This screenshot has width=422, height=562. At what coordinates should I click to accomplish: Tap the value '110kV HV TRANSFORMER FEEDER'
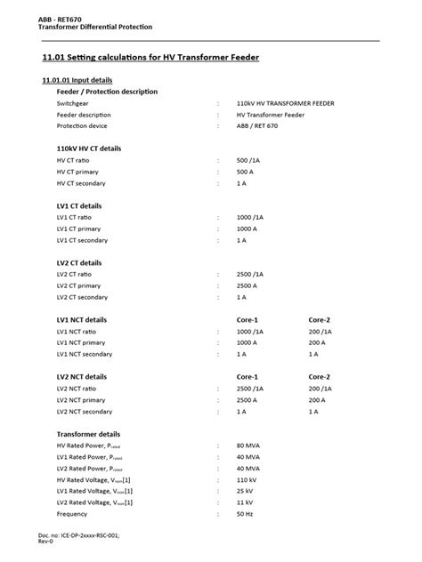tap(285, 103)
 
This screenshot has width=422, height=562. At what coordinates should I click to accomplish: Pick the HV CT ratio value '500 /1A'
tap(250, 160)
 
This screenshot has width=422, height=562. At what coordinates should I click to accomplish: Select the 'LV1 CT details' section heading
tap(78, 205)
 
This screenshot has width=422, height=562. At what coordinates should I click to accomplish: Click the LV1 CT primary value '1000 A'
tap(250, 229)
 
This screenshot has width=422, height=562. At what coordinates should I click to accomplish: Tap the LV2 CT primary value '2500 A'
tap(250, 285)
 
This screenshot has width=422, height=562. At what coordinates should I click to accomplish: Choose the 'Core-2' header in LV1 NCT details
tap(320, 319)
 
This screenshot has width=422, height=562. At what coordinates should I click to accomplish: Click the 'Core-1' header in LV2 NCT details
tap(248, 377)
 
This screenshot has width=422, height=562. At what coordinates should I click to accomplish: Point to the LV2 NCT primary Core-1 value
tap(250, 400)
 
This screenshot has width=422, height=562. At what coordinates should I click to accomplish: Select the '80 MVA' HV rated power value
tap(249, 445)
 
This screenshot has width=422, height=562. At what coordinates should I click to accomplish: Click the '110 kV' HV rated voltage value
tap(248, 479)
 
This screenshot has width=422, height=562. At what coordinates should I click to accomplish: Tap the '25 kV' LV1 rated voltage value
tap(247, 491)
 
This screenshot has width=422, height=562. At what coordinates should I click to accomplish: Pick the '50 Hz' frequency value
tap(246, 514)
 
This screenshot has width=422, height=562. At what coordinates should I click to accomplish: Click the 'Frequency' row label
tap(72, 514)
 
